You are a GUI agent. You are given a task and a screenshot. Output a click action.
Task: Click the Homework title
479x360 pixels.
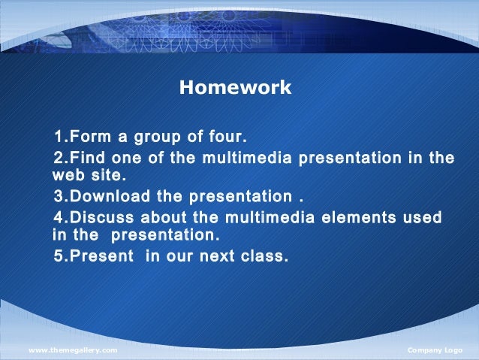235,89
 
